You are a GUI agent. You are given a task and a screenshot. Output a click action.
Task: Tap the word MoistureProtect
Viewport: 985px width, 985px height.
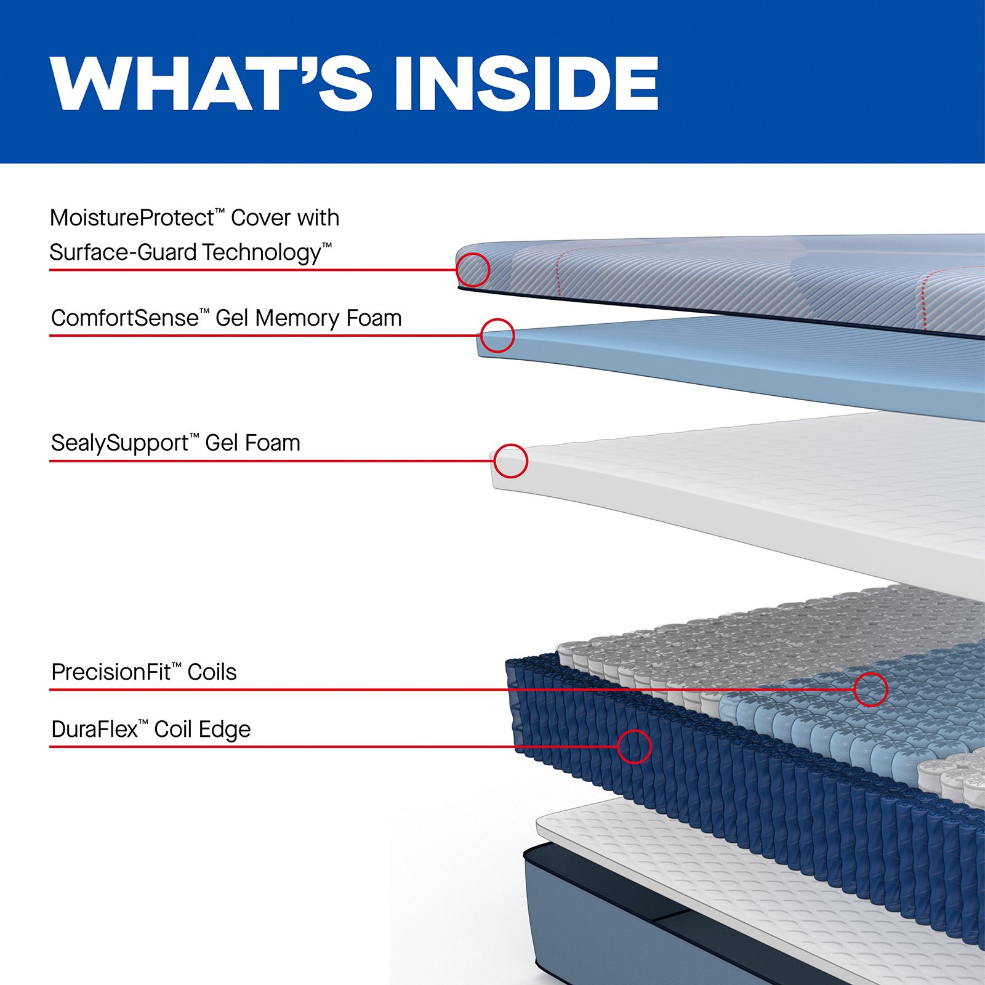pos(132,218)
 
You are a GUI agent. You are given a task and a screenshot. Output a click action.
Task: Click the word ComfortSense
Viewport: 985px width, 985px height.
pos(125,318)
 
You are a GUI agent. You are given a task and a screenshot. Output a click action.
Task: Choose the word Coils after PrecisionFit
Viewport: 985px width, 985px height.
pos(212,672)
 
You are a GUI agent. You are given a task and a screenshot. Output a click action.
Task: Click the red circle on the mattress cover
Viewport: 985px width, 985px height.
pos(473,270)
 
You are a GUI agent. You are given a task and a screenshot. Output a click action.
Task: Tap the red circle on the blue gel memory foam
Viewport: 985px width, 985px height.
pos(497,336)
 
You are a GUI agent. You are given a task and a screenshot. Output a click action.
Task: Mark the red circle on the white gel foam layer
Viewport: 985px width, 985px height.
pos(510,461)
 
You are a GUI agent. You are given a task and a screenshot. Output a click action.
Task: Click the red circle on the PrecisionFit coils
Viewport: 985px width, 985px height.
pos(870,689)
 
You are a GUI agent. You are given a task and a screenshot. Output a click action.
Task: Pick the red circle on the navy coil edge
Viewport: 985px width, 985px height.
pos(634,747)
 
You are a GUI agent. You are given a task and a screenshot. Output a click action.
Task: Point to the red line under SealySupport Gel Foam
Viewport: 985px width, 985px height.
pos(271,461)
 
